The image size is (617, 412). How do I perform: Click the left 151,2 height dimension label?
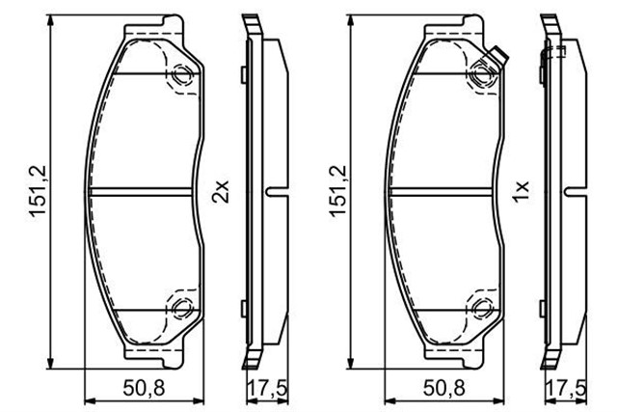tap(39, 191)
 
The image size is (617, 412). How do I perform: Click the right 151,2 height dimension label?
tap(338, 191)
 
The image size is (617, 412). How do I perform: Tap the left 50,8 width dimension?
tap(144, 388)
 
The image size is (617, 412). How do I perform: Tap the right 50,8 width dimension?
tap(443, 388)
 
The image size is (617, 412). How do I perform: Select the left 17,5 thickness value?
tap(268, 388)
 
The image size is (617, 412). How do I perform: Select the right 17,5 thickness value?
tap(567, 388)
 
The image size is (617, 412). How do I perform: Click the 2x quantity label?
tap(221, 191)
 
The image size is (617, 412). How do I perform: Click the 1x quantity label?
tap(521, 191)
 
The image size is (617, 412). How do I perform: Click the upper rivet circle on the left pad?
tap(182, 74)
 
